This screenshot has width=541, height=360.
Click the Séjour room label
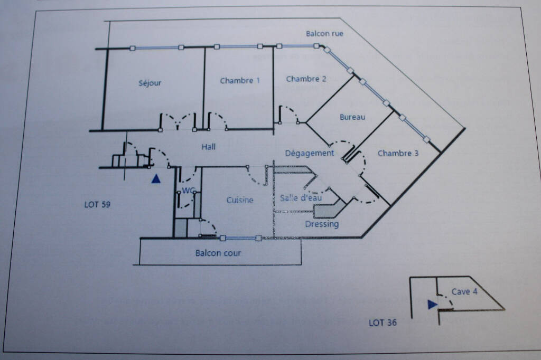(x=150, y=83)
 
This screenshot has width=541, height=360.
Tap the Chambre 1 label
(x=240, y=81)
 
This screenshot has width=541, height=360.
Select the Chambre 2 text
(x=306, y=79)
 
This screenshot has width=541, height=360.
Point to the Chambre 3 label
(x=398, y=154)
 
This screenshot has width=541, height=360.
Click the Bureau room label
(x=352, y=117)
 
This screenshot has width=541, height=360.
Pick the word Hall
(x=208, y=147)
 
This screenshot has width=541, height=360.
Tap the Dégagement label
(x=310, y=154)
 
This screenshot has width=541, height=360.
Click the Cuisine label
(x=240, y=200)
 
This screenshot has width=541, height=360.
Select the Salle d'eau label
(x=301, y=197)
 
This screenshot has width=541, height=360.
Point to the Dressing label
(x=322, y=224)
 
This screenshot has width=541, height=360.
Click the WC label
(x=189, y=191)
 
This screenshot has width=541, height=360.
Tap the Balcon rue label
(x=324, y=33)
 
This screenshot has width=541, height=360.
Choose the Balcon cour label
(x=218, y=253)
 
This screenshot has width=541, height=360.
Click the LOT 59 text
(x=97, y=204)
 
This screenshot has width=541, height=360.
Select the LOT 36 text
(x=383, y=323)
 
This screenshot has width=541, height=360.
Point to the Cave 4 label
(x=464, y=292)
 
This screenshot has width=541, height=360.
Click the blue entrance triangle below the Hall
(x=156, y=178)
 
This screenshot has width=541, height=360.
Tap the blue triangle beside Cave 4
(x=432, y=305)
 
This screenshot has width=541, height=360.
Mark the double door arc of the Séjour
(x=178, y=119)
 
